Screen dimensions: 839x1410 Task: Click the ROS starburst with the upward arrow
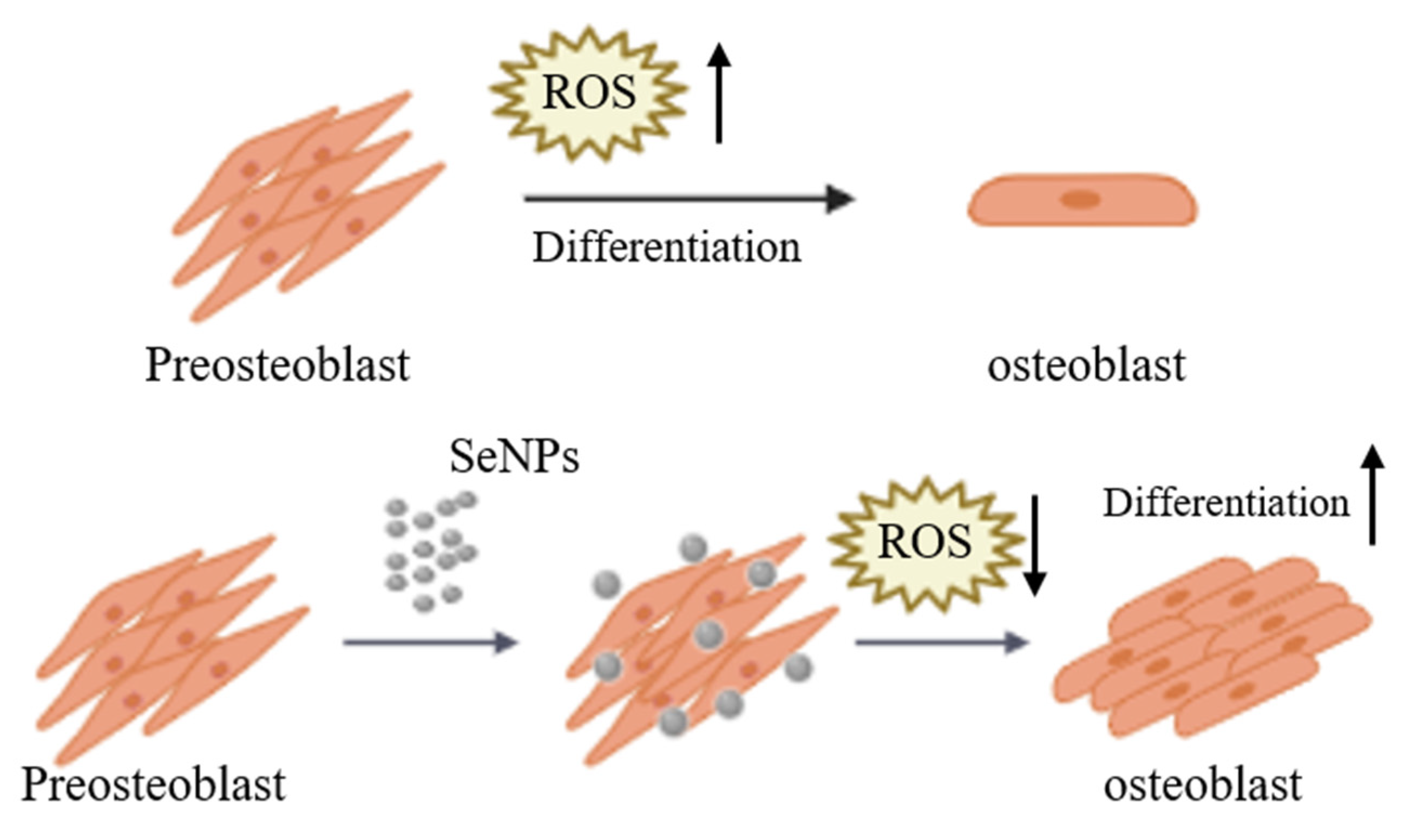(588, 93)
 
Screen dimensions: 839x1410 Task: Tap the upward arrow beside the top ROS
(719, 93)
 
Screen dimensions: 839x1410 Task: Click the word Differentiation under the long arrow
(667, 247)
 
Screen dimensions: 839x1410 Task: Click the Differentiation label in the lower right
(1225, 503)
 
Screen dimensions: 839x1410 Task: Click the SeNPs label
(514, 457)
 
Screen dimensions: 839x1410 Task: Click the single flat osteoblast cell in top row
(1082, 200)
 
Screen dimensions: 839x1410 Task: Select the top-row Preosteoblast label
(278, 366)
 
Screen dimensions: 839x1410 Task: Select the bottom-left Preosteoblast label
(153, 785)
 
